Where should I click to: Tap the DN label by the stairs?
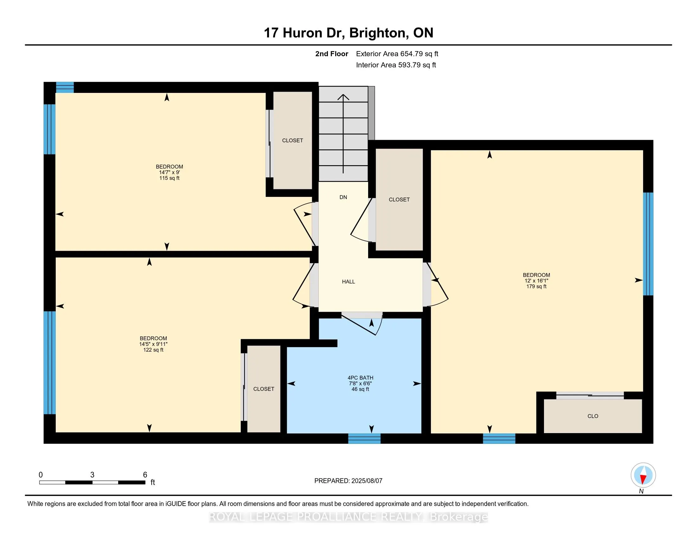(343, 197)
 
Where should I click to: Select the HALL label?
(348, 282)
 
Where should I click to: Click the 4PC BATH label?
(360, 378)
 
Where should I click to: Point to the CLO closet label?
(593, 416)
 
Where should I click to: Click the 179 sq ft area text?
(536, 286)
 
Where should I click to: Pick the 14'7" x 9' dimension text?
(169, 172)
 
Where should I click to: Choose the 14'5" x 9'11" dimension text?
(154, 344)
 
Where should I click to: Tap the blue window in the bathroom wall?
(364, 438)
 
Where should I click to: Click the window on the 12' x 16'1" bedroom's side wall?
(648, 244)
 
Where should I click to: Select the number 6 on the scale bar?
(145, 475)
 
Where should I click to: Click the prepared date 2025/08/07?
(366, 481)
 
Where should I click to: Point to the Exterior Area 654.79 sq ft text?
(397, 54)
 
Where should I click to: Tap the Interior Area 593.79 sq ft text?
(396, 65)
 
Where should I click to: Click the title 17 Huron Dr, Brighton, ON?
(348, 33)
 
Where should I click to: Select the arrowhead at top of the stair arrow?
(343, 97)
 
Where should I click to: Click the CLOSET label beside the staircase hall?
(399, 199)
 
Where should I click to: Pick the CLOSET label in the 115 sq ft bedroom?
(293, 140)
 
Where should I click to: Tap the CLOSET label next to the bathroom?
(264, 389)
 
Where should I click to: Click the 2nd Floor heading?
(332, 54)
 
